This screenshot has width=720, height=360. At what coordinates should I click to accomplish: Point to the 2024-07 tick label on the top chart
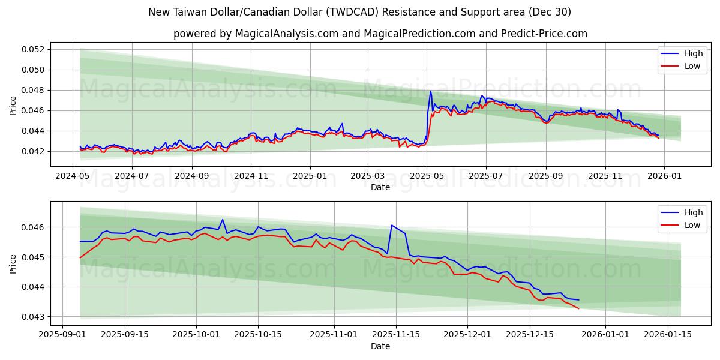(132, 176)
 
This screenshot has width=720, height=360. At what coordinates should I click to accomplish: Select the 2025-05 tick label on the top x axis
(427, 176)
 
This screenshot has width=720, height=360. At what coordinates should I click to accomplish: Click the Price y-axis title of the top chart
(13, 106)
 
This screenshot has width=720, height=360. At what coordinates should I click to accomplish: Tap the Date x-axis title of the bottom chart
(380, 346)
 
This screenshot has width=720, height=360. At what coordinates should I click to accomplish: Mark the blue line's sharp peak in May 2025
(431, 91)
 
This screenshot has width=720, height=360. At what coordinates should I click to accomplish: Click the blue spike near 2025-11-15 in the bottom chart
(392, 226)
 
